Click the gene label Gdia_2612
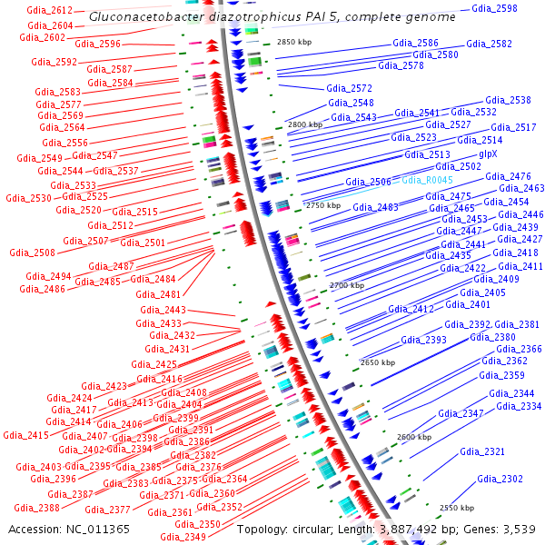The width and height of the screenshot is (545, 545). tap(50, 10)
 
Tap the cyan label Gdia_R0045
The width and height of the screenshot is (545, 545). tap(427, 180)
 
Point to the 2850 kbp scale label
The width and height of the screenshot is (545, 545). tap(294, 43)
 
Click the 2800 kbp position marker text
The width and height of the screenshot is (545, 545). tap(304, 124)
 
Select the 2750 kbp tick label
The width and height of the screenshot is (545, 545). tap(322, 206)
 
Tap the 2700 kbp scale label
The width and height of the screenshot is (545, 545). tap(346, 285)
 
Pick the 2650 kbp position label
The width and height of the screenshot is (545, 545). tap(378, 362)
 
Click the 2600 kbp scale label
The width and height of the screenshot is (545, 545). tap(414, 437)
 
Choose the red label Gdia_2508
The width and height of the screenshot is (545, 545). tap(32, 253)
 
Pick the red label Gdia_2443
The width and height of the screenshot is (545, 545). tap(163, 311)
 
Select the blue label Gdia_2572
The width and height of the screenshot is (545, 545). tap(350, 89)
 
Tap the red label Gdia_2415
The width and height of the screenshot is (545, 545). tap(26, 436)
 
